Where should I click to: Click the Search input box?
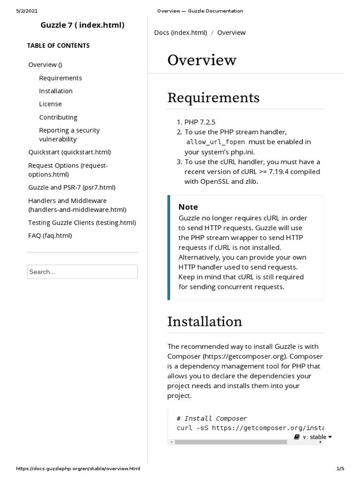click(82, 272)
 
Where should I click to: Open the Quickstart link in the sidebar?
click(69, 152)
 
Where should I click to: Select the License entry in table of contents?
click(50, 104)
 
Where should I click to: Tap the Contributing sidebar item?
click(58, 117)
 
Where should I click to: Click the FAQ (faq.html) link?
click(50, 236)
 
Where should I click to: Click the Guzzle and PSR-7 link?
click(72, 187)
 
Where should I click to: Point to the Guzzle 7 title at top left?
click(83, 25)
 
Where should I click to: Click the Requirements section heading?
click(213, 98)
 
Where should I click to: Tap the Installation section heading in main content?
click(205, 322)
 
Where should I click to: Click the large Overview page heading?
click(202, 60)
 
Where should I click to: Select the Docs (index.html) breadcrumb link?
click(180, 33)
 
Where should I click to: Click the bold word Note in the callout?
click(188, 207)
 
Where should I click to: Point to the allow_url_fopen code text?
click(216, 142)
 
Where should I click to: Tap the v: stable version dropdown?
click(313, 437)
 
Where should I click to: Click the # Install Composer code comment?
click(212, 419)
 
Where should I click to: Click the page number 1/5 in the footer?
click(340, 469)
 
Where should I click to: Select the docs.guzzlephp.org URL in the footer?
click(78, 469)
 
